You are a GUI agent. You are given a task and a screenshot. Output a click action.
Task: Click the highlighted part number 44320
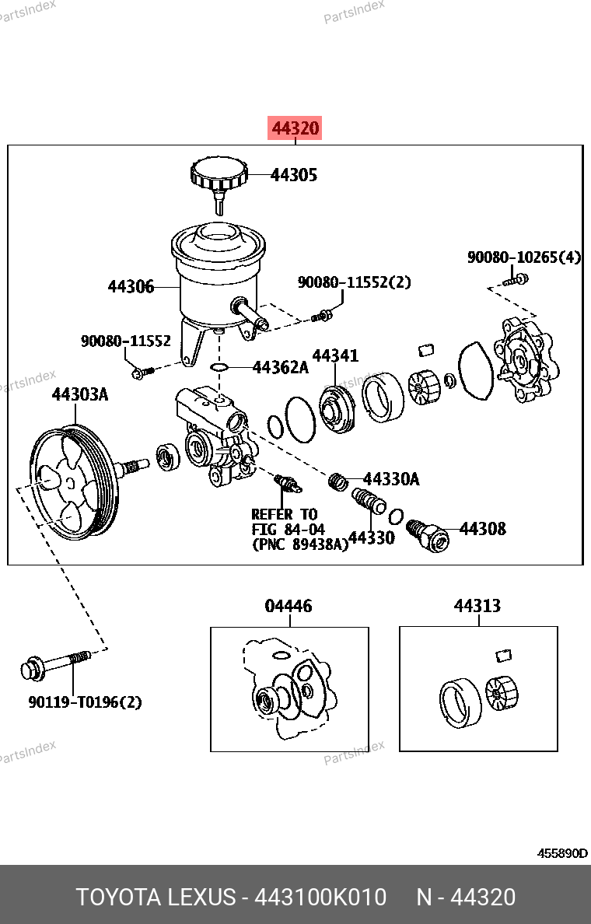coord(295,128)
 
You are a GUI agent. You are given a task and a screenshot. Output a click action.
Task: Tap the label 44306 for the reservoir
coord(131,287)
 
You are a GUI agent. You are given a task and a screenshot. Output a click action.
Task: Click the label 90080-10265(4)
coord(523,257)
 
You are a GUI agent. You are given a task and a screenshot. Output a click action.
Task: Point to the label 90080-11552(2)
coord(354,282)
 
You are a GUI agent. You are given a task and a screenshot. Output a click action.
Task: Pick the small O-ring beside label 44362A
coord(220,366)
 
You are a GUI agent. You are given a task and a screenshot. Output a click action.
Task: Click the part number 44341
coord(335,355)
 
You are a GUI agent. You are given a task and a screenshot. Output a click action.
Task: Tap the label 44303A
coord(79,394)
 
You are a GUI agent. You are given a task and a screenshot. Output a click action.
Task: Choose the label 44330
coord(371,537)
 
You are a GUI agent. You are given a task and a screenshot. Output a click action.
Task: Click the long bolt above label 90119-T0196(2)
coord(54,665)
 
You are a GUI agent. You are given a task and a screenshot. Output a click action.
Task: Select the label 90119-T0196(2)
coord(86,702)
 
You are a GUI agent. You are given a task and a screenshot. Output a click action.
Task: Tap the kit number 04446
coord(288,605)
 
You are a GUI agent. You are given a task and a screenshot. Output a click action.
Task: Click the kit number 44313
coord(477,605)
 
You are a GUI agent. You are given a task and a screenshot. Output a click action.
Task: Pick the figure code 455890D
coord(562,853)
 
